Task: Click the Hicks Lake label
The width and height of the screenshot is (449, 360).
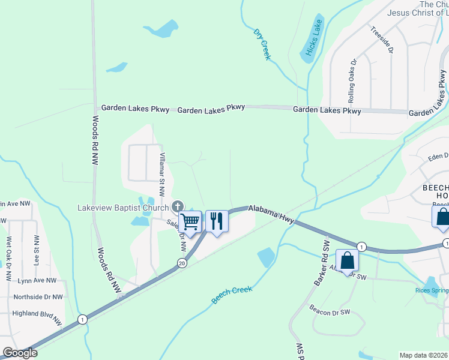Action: click(x=313, y=38)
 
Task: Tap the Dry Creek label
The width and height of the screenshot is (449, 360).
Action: click(x=262, y=44)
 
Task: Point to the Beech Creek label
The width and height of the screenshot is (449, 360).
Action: click(x=231, y=295)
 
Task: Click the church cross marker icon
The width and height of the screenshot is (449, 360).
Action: click(x=178, y=208)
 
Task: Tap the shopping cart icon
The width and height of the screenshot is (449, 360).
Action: click(x=190, y=221)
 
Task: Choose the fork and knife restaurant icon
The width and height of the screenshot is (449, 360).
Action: click(x=217, y=221)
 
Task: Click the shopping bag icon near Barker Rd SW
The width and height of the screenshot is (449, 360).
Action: click(x=347, y=260)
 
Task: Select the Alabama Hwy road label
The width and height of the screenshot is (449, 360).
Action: click(x=271, y=212)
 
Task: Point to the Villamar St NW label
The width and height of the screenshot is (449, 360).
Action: click(x=161, y=175)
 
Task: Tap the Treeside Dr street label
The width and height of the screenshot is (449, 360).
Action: click(x=382, y=40)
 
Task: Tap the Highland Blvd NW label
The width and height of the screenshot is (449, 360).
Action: click(x=37, y=315)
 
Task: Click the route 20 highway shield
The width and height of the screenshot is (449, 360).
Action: click(x=182, y=262)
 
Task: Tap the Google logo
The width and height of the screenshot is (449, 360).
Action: click(x=20, y=353)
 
